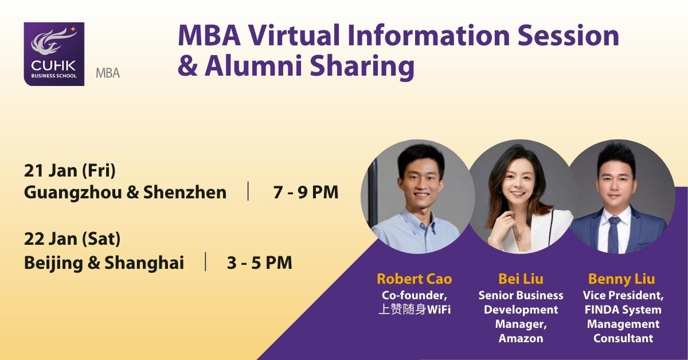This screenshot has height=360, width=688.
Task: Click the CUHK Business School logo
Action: pyautogui.click(x=54, y=54)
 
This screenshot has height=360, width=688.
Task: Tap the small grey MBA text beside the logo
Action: pyautogui.click(x=108, y=73)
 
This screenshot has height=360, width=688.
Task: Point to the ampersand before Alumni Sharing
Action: pyautogui.click(x=187, y=66)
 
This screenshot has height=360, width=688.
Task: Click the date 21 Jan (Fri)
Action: pyautogui.click(x=70, y=170)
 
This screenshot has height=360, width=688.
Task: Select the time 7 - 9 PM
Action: pyautogui.click(x=306, y=193)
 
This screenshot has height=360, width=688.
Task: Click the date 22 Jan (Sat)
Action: pyautogui.click(x=72, y=239)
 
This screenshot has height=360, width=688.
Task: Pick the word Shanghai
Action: pyautogui.click(x=144, y=263)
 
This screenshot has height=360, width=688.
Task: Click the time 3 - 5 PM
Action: pyautogui.click(x=260, y=263)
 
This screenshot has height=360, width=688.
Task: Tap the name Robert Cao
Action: pyautogui.click(x=415, y=279)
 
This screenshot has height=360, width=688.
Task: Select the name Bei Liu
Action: pyautogui.click(x=521, y=279)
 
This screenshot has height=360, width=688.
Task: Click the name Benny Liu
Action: pyautogui.click(x=621, y=279)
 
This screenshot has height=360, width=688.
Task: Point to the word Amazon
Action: pyautogui.click(x=521, y=338)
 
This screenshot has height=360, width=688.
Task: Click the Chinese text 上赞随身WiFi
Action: pyautogui.click(x=415, y=310)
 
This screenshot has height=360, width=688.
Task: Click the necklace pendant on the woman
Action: pyautogui.click(x=519, y=238)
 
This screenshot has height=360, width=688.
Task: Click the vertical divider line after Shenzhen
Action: pyautogui.click(x=248, y=191)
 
